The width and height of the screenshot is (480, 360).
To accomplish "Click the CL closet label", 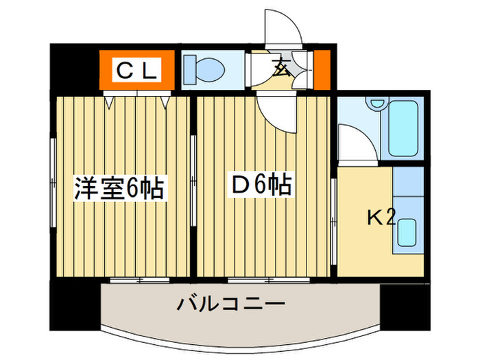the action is [136, 70].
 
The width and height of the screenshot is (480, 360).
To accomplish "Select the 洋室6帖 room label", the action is [120, 187].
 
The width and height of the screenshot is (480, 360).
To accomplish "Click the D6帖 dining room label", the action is [261, 184].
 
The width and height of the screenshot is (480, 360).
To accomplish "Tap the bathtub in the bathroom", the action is [403, 129].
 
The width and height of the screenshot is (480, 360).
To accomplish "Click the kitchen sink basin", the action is [407, 232].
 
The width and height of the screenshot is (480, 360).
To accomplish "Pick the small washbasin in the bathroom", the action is [377, 103].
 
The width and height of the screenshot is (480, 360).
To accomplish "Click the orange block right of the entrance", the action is [322, 70].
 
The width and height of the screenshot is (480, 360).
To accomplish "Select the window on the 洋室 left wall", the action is [53, 183].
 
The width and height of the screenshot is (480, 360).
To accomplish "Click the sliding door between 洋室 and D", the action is [193, 180].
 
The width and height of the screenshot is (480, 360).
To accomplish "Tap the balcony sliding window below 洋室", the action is [140, 280].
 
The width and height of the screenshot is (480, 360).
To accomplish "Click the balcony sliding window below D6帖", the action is [269, 280].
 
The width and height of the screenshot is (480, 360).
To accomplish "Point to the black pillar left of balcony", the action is [75, 306].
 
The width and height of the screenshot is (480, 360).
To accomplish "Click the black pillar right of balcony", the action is [405, 306].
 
